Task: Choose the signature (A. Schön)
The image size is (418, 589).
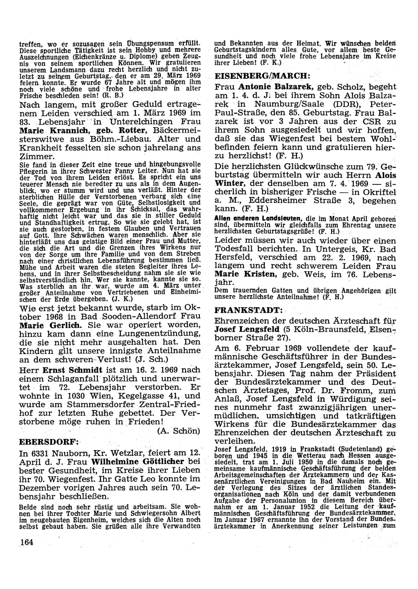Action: click(176, 431)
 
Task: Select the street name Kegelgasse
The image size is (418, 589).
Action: click(124, 395)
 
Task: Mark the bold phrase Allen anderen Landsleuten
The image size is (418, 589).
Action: click(258, 218)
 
